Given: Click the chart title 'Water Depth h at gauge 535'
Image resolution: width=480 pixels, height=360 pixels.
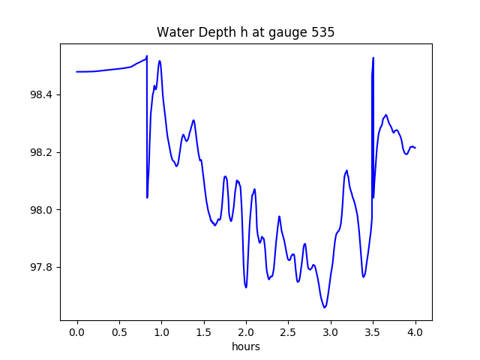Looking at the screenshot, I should pyautogui.click(x=245, y=33).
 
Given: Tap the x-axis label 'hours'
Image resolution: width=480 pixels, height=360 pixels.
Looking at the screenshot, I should pyautogui.click(x=245, y=347).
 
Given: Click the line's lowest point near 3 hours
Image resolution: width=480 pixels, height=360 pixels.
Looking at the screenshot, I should pyautogui.click(x=325, y=307).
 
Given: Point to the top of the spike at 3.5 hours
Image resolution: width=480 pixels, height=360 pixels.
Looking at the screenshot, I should pyautogui.click(x=373, y=58).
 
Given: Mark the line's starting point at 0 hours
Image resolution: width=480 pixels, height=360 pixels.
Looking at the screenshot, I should pyautogui.click(x=77, y=72).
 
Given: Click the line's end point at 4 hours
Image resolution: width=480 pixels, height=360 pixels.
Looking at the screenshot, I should pyautogui.click(x=415, y=148).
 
